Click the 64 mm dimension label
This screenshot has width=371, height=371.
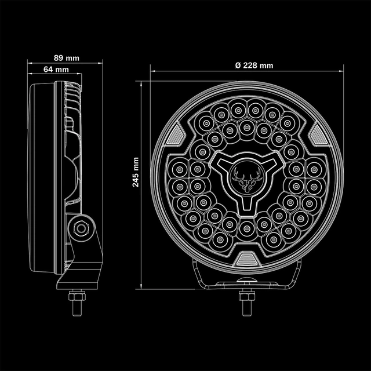coord(56,70)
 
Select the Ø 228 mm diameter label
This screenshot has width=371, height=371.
coord(254,65)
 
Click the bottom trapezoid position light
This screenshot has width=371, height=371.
coord(246,258)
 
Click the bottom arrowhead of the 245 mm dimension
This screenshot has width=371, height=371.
coord(145,288)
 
